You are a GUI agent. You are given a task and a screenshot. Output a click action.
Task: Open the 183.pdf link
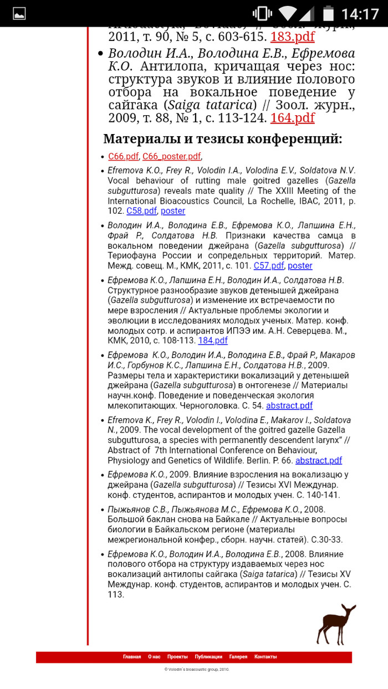coord(292,37)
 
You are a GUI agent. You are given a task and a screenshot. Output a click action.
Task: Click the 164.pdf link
coord(292,118)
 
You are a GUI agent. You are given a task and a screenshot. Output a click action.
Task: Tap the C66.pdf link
coord(123,157)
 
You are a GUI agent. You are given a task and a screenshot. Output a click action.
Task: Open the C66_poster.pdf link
coord(171,157)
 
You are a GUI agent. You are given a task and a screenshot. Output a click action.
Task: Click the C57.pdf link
coord(269,266)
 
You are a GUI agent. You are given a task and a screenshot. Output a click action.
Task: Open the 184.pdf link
coord(213,341)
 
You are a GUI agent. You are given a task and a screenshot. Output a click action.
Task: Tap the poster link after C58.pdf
coord(173,211)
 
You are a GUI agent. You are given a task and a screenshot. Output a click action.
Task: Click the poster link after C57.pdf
coord(300,266)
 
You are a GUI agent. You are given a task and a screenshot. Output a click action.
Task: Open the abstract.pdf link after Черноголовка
coord(289,406)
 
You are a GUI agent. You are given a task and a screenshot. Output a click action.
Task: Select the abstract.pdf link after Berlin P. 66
coord(319,460)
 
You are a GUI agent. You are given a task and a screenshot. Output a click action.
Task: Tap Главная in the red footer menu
coord(132,657)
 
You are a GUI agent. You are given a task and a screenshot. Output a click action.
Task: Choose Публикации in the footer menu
coord(208,657)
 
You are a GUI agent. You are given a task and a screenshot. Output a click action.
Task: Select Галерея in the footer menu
coord(238,657)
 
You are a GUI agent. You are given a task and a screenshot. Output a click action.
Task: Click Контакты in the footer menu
coord(266,657)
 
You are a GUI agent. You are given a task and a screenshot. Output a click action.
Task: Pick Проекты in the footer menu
coord(177,657)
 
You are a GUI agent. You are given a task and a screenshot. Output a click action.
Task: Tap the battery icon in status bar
coord(329,13)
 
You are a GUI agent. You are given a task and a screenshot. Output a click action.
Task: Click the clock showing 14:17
coord(360,13)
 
